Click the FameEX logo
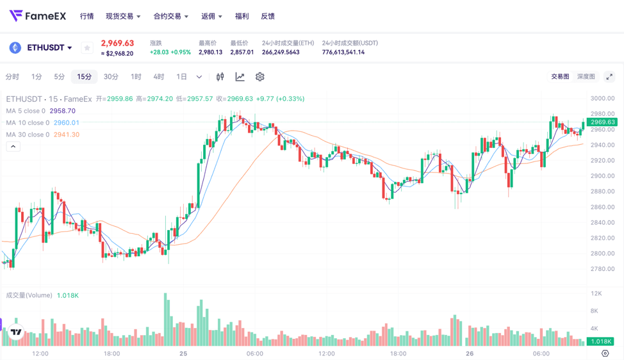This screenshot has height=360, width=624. pyautogui.click(x=38, y=16)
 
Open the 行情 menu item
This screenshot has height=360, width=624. pyautogui.click(x=86, y=16)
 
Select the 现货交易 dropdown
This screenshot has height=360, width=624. pyautogui.click(x=122, y=16)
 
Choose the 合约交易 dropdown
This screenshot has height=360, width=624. pyautogui.click(x=170, y=16)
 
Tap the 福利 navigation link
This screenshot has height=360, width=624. pyautogui.click(x=242, y=16)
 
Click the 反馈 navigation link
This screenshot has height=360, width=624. pyautogui.click(x=268, y=16)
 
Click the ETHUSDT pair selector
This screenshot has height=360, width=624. pyautogui.click(x=49, y=47)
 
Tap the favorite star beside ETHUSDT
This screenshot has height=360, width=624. pyautogui.click(x=87, y=47)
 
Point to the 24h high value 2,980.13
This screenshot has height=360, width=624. pyautogui.click(x=210, y=53)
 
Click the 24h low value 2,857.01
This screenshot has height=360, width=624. pyautogui.click(x=242, y=53)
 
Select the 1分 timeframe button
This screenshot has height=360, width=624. pyautogui.click(x=37, y=77)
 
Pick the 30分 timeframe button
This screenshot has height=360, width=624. pyautogui.click(x=111, y=77)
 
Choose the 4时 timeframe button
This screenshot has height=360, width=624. pyautogui.click(x=158, y=77)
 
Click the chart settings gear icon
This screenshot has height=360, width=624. pyautogui.click(x=259, y=77)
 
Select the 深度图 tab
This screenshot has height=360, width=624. pyautogui.click(x=586, y=77)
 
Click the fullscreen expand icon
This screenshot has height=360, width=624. pyautogui.click(x=609, y=77)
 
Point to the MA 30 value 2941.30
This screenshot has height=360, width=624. pyautogui.click(x=67, y=135)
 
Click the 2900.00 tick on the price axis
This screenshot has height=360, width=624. pyautogui.click(x=602, y=176)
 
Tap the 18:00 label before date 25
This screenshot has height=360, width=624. pyautogui.click(x=111, y=354)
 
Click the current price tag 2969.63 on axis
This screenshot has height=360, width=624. pyautogui.click(x=602, y=122)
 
